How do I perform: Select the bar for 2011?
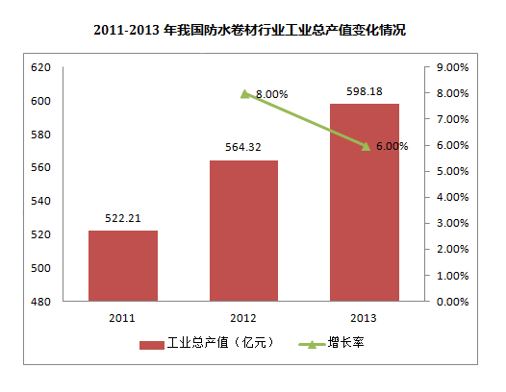[123, 265]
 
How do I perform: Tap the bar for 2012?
[243, 231]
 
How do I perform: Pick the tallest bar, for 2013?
[364, 202]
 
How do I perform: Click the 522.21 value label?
[123, 219]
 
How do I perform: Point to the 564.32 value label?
[243, 149]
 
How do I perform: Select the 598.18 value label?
[364, 92]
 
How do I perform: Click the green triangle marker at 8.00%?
[244, 93]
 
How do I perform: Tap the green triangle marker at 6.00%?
[366, 146]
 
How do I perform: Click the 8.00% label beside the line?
[272, 94]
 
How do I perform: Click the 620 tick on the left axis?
[40, 68]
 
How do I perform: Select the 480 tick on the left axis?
[40, 302]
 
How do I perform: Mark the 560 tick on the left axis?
[40, 168]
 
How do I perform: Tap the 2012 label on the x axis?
[243, 318]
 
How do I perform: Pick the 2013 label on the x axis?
[364, 318]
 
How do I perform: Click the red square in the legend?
[151, 343]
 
